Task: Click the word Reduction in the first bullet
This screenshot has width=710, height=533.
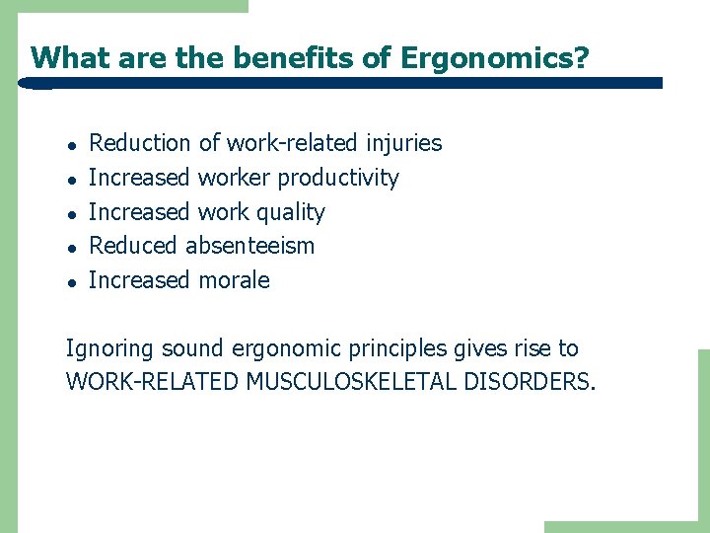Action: (x=139, y=143)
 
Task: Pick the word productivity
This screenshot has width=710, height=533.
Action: (x=338, y=178)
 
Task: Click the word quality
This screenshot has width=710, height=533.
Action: (x=289, y=212)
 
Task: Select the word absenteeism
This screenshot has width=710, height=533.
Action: (x=250, y=246)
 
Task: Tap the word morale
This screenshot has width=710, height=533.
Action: (x=234, y=280)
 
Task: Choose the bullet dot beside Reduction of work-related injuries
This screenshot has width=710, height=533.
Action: (x=71, y=145)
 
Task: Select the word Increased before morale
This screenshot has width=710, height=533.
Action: (x=139, y=280)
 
